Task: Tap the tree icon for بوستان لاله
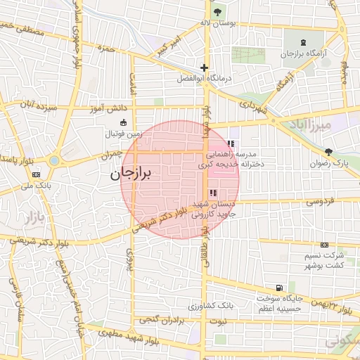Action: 216,12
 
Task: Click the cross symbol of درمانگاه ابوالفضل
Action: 204,68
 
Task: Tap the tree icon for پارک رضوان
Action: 328,153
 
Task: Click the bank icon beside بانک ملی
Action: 36,175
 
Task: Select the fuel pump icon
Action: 280,288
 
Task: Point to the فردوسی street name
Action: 319,202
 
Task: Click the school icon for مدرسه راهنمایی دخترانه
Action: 231,144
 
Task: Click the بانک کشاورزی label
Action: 211,307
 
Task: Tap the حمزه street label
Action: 107,49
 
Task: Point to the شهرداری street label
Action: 253,108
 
